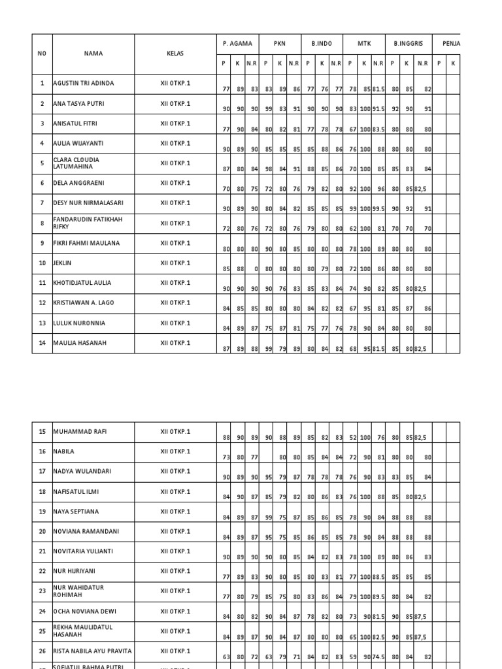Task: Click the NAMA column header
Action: (x=93, y=54)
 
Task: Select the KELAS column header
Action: (x=175, y=54)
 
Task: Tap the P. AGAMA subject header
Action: (x=237, y=44)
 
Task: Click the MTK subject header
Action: (x=364, y=44)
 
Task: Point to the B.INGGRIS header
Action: (x=408, y=44)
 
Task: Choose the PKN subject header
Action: (x=280, y=44)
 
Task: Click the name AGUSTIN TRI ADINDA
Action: (x=83, y=84)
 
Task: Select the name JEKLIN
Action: (x=62, y=263)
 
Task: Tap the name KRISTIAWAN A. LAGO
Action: (x=83, y=302)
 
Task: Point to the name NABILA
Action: (x=63, y=451)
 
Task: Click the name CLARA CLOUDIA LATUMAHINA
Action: (x=76, y=163)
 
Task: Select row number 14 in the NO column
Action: (x=42, y=343)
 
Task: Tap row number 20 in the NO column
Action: (x=42, y=532)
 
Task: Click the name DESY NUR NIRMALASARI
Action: (x=85, y=203)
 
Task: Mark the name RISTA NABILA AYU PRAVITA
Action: (x=92, y=651)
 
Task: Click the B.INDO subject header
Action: (x=322, y=44)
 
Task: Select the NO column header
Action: (x=42, y=54)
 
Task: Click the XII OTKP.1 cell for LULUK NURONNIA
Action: (x=175, y=323)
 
